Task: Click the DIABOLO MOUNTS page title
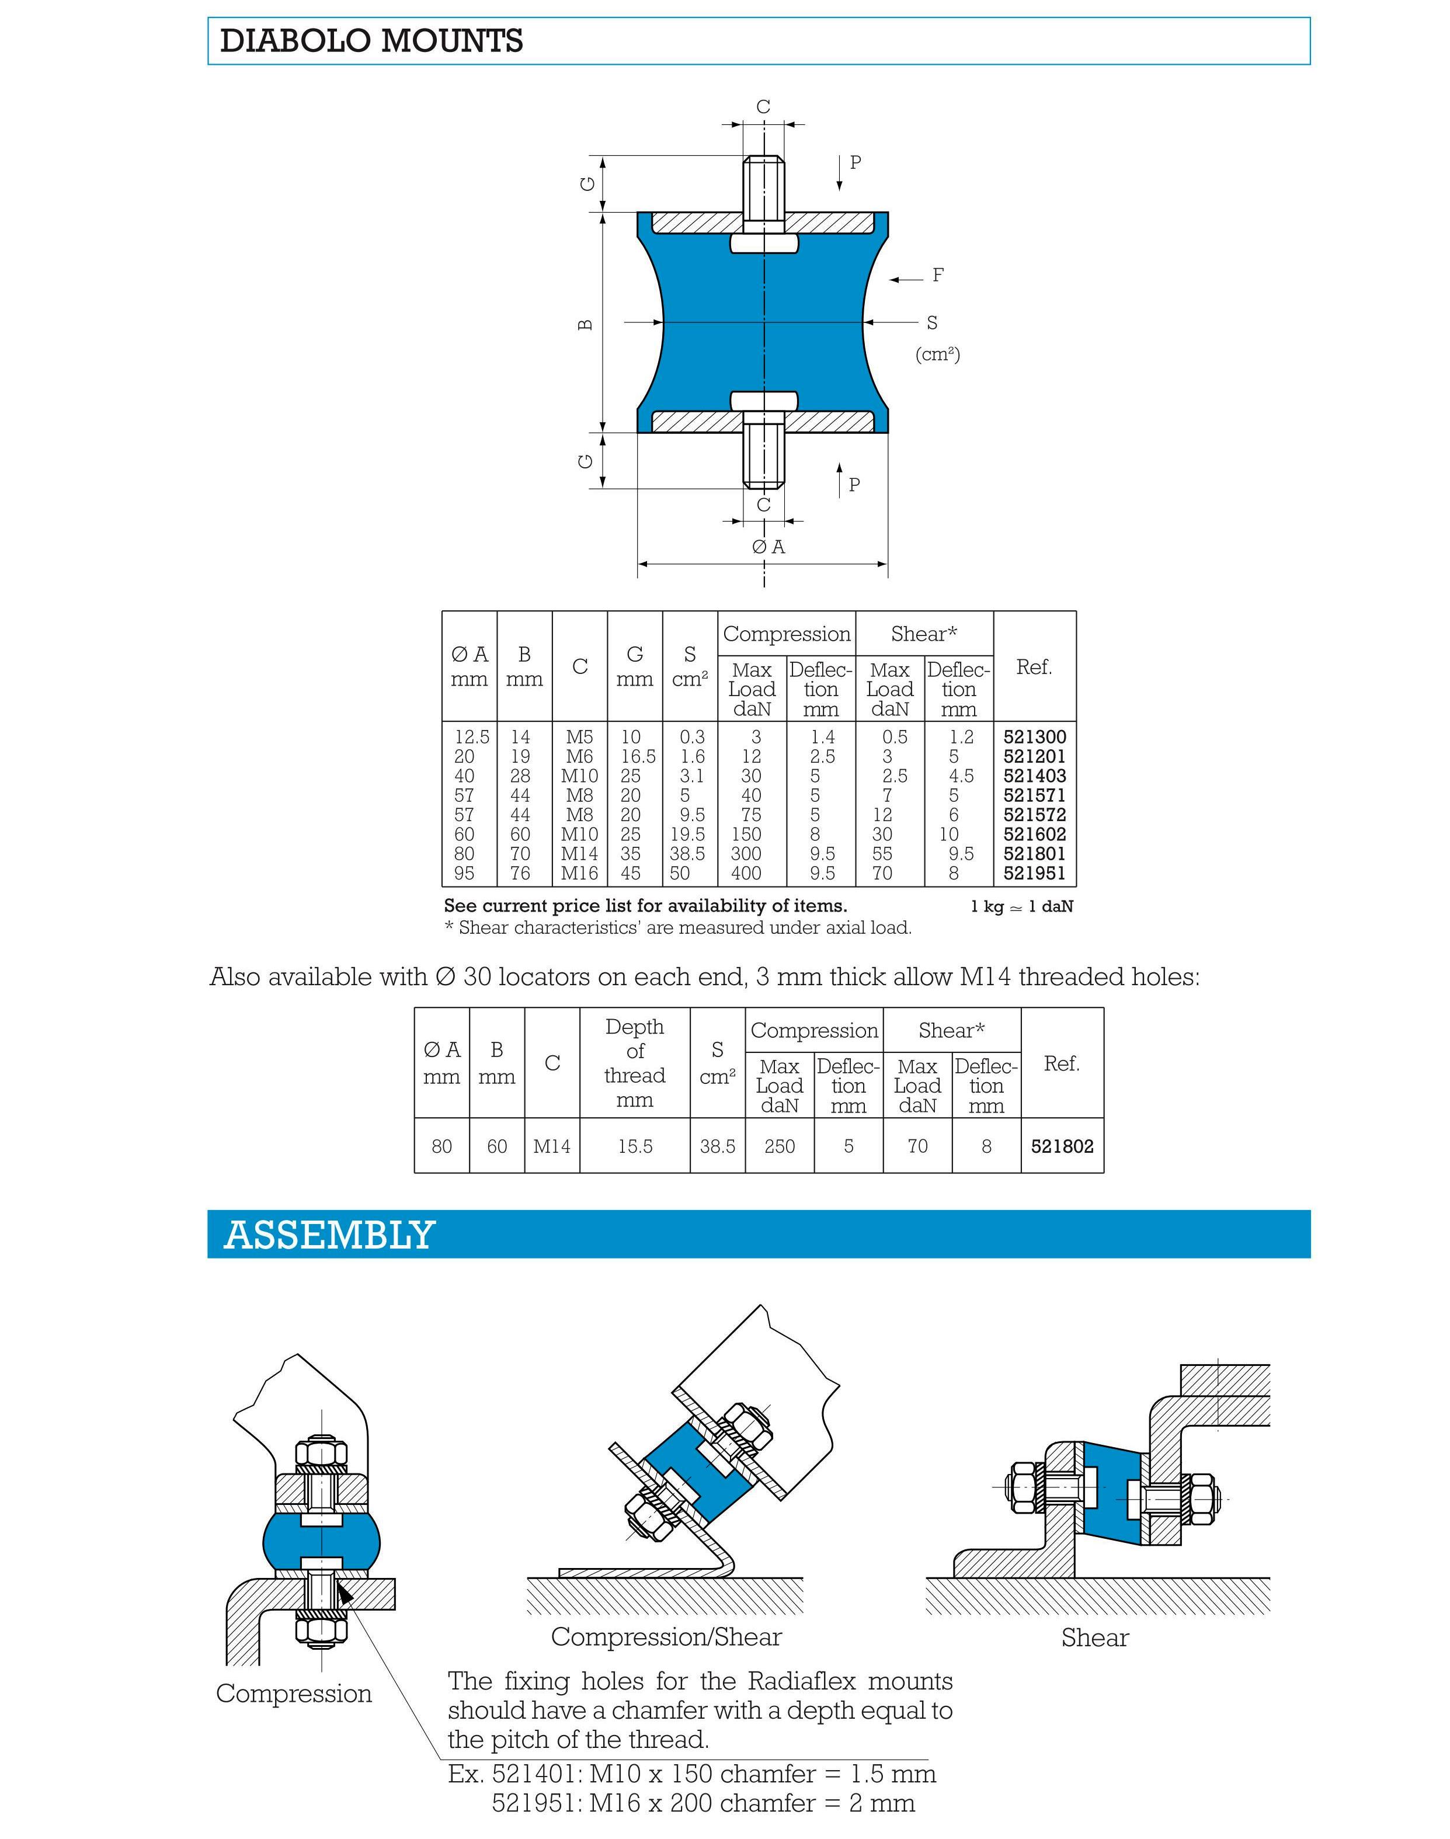pos(371,41)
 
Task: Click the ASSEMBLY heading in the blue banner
pos(329,1235)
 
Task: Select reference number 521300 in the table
pos(1034,737)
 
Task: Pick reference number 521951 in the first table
pos(1034,873)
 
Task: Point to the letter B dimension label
pos(586,324)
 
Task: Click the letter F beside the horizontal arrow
pos(938,275)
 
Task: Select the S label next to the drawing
pos(932,322)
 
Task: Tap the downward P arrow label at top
pos(855,162)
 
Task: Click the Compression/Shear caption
pos(666,1637)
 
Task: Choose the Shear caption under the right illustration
pos(1094,1638)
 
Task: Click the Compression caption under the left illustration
pos(294,1693)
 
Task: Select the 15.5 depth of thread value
pos(634,1146)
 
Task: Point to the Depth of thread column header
pos(634,1063)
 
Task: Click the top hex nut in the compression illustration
pos(322,1448)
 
